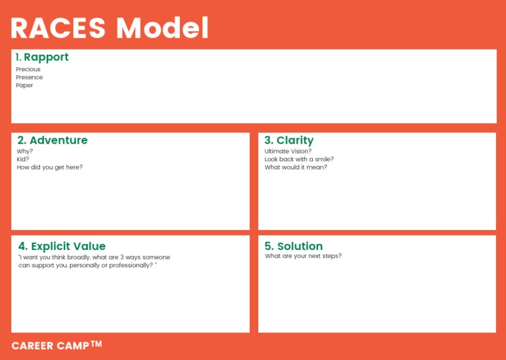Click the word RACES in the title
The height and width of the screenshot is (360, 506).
59,28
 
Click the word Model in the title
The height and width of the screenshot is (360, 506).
162,28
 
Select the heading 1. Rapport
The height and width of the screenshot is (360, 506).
42,57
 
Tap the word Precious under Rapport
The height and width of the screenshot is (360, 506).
28,69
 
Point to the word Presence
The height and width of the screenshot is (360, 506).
30,77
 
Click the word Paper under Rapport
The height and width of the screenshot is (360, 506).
24,85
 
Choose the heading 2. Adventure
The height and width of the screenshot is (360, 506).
52,140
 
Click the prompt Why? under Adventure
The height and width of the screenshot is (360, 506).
25,151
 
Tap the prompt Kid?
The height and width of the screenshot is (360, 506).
23,159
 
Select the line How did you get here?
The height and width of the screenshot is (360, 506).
50,167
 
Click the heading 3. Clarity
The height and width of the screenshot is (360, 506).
289,140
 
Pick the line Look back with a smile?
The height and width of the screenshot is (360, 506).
299,159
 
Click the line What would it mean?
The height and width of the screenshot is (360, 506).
296,167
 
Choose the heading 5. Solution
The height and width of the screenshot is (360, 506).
293,247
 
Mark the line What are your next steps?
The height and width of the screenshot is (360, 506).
303,256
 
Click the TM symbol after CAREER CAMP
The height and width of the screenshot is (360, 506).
96,343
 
